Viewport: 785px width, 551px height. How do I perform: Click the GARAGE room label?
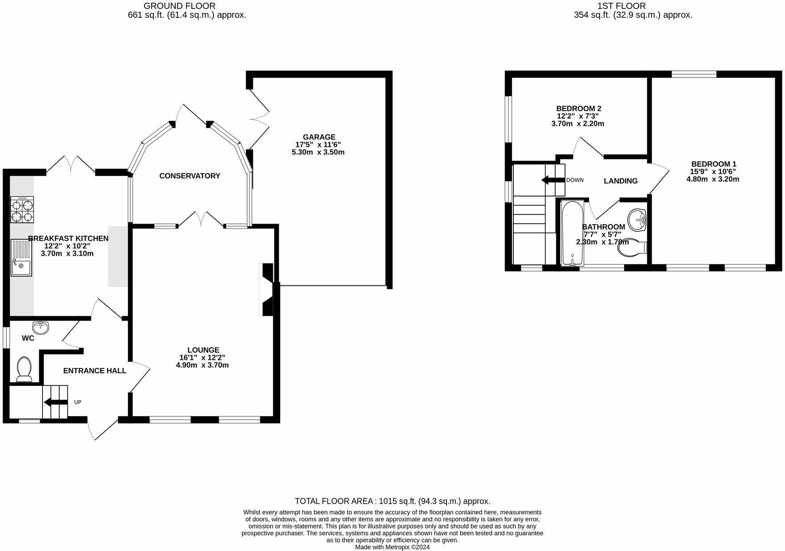tap(319, 137)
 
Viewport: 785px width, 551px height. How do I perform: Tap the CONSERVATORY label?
tap(190, 176)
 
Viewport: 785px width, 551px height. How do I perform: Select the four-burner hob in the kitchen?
tap(22, 210)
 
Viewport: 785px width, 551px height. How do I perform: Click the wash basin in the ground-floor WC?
tap(41, 327)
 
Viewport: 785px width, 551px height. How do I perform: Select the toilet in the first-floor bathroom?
tap(632, 249)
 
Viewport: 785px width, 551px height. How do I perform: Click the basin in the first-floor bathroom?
tap(637, 220)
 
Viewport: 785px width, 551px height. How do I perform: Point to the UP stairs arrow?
tap(55, 403)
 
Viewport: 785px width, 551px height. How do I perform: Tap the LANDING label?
tap(620, 181)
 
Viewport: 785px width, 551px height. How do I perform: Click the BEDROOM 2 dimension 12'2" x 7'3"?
tap(578, 116)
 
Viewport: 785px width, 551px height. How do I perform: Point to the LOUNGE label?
tap(203, 350)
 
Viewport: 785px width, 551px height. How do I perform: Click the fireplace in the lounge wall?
tap(267, 289)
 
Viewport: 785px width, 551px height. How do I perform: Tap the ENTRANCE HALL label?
tap(95, 371)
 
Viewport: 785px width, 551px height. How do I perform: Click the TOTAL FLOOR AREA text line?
tap(392, 501)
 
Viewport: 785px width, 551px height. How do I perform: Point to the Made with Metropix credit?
tap(392, 547)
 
